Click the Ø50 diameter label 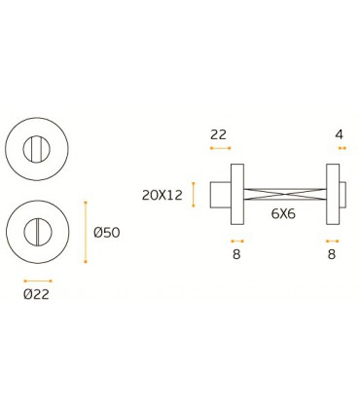pyautogui.click(x=107, y=233)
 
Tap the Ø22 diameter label pyautogui.click(x=36, y=294)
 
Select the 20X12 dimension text pyautogui.click(x=162, y=195)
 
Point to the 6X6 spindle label pyautogui.click(x=283, y=213)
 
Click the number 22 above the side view pyautogui.click(x=218, y=134)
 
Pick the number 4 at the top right pyautogui.click(x=340, y=134)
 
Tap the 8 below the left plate pyautogui.click(x=236, y=254)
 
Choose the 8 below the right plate pyautogui.click(x=332, y=254)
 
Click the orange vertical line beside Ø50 pyautogui.click(x=86, y=232)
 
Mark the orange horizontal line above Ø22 pyautogui.click(x=38, y=281)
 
